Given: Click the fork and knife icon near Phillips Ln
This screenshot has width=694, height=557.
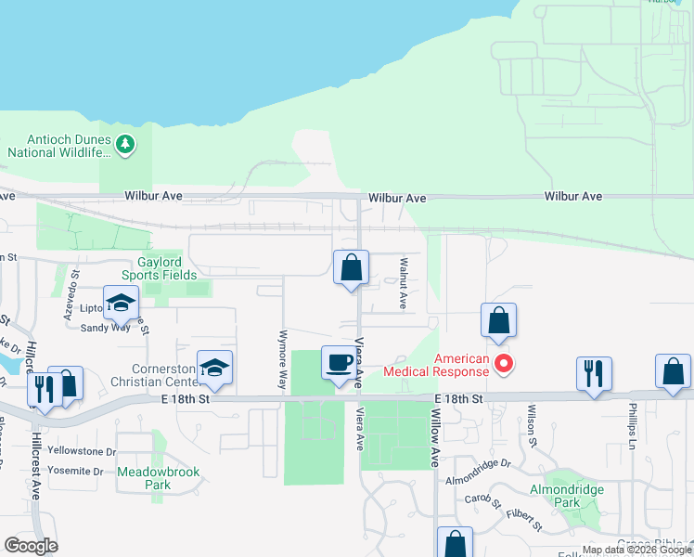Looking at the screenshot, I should (593, 373).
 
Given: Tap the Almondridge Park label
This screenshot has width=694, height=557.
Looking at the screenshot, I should (566, 496).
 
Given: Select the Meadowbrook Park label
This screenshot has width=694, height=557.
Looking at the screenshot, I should (158, 477).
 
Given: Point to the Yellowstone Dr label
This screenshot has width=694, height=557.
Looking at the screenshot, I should (83, 452).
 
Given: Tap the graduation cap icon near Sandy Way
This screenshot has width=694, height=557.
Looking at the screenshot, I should (121, 304).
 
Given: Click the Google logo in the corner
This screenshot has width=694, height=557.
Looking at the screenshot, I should (31, 546).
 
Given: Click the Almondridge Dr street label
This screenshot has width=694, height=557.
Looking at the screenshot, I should (478, 486).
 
